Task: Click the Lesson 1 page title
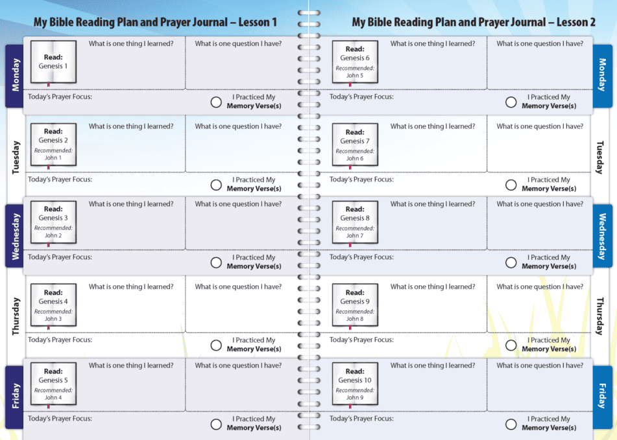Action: [155, 22]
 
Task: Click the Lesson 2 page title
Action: [474, 22]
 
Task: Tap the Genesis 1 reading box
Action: [53, 62]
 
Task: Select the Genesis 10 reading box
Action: [355, 384]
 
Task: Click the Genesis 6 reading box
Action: [355, 62]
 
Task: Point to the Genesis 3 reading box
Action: [53, 222]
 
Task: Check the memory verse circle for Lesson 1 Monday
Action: [216, 102]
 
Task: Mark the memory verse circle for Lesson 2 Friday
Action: [511, 424]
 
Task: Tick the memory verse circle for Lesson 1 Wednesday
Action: [216, 262]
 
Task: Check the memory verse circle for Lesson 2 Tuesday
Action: [511, 185]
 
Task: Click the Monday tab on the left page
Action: [14, 76]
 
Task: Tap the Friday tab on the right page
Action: [603, 397]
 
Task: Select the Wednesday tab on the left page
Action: [14, 236]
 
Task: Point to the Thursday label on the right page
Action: [600, 316]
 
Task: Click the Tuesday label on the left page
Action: [16, 157]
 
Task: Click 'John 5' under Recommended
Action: [355, 75]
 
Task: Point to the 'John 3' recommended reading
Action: [53, 319]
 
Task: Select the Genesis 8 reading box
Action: [355, 222]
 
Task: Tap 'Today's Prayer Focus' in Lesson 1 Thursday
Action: [60, 340]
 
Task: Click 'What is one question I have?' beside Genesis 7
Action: [540, 126]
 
